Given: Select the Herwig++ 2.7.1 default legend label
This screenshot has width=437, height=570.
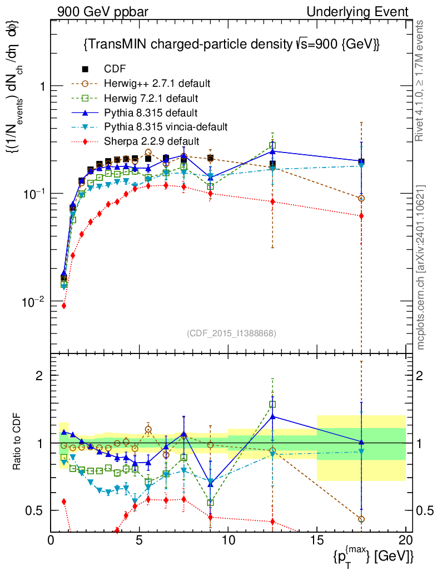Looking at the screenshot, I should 157,83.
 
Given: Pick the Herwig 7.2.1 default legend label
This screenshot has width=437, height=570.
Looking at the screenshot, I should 151,98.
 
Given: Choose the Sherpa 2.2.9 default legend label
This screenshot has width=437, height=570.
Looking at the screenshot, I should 152,141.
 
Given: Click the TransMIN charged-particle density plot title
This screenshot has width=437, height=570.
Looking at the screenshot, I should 231,45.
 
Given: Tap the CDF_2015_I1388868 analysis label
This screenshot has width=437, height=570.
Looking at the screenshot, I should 231,333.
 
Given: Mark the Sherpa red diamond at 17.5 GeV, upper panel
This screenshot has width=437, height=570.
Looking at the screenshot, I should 361,216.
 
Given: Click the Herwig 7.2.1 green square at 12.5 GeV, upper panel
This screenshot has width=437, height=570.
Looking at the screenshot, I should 272,146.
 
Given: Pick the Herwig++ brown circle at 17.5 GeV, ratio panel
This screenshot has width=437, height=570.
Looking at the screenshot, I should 361,519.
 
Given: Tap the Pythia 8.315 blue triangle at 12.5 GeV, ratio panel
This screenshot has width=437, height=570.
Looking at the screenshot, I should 272,416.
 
